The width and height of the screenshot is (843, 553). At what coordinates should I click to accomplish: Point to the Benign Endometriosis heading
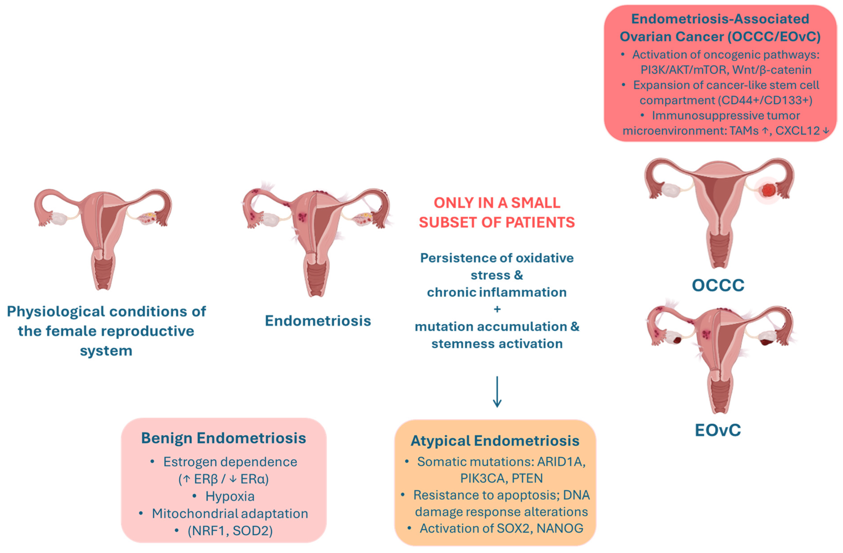[224, 438]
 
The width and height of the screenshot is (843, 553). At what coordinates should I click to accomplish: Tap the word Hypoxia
[230, 496]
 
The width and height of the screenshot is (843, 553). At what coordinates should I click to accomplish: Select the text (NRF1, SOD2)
[230, 531]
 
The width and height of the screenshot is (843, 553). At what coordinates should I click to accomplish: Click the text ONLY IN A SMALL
[497, 203]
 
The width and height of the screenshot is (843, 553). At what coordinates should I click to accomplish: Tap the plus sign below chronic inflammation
[497, 309]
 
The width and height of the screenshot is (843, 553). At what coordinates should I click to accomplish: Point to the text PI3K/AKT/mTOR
[683, 70]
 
